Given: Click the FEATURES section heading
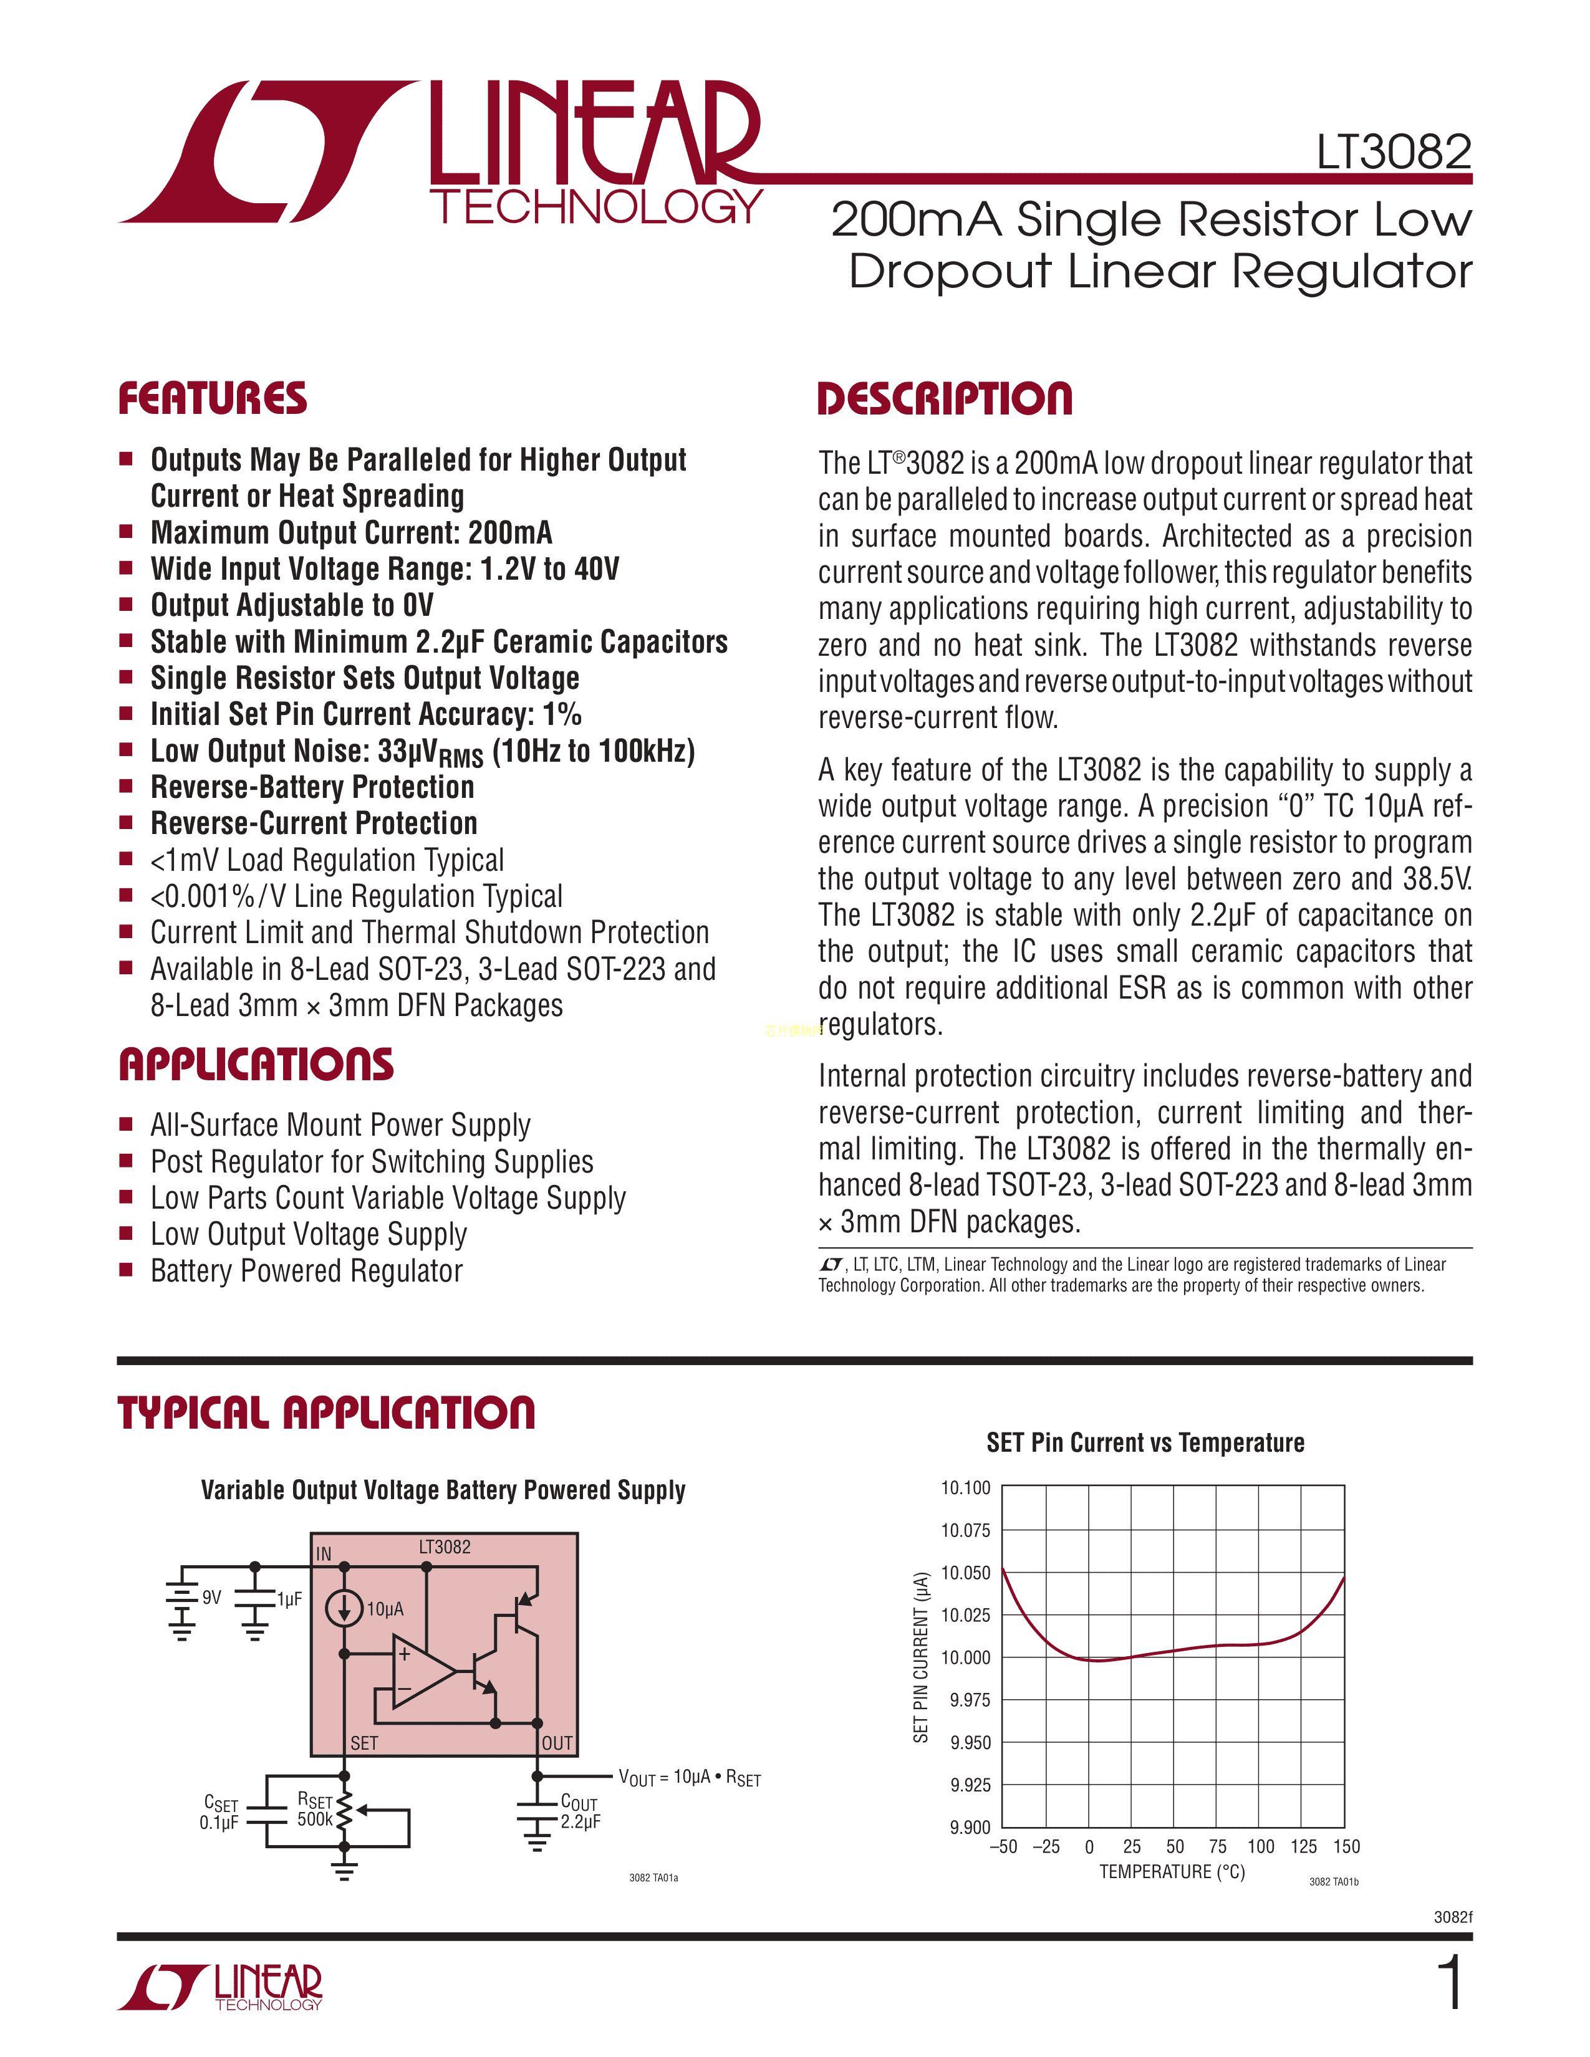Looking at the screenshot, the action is [x=213, y=398].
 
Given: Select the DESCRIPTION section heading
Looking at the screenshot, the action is [x=945, y=398].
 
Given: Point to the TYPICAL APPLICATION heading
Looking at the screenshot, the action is [x=326, y=1412].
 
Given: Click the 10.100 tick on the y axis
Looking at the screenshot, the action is [x=965, y=1488].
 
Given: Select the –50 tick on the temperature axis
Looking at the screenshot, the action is [x=1003, y=1847].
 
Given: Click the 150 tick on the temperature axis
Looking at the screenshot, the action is [x=1346, y=1847].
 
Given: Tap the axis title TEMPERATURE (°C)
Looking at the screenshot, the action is [x=1172, y=1871].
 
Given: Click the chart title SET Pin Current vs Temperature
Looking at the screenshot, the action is [x=1145, y=1443].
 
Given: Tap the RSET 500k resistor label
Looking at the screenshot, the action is [x=315, y=1810].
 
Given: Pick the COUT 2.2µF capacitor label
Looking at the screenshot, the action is [x=581, y=1811].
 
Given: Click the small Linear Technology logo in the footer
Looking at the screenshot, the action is [x=220, y=1987].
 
